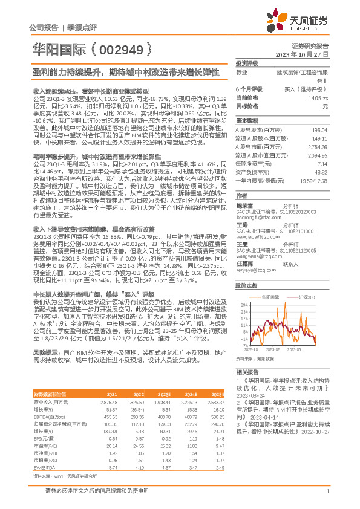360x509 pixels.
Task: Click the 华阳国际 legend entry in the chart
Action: (273, 298)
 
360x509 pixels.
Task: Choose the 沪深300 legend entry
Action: (307, 298)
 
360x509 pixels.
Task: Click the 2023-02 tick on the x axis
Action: (272, 349)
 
